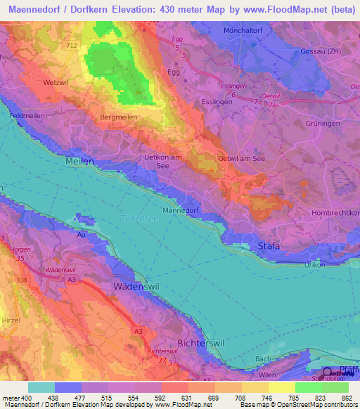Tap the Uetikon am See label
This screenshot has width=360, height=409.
(x=163, y=162)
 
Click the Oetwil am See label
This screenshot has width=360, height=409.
(x=242, y=158)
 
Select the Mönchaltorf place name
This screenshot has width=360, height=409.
(x=263, y=32)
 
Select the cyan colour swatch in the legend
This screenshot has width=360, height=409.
(x=41, y=387)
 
